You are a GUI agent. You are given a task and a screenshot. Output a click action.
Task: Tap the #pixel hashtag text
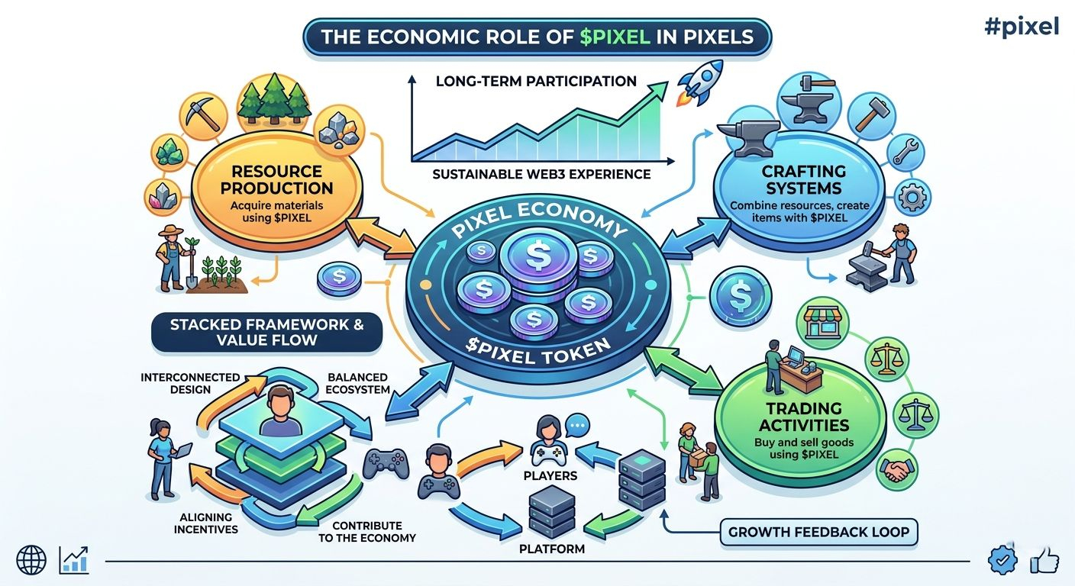coord(1021,26)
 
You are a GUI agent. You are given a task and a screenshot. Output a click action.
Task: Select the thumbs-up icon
coord(1044,561)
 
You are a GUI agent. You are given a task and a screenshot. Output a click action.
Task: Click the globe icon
coord(31,561)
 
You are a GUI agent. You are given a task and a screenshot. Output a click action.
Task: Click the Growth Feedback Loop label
coord(818,531)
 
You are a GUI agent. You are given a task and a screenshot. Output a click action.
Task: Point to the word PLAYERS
coord(550,476)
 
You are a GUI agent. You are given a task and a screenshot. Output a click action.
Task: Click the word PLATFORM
coord(551,549)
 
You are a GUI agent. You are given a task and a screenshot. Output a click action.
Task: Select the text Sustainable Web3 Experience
coord(541,174)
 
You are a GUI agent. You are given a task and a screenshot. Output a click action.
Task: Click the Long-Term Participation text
coord(536,81)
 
